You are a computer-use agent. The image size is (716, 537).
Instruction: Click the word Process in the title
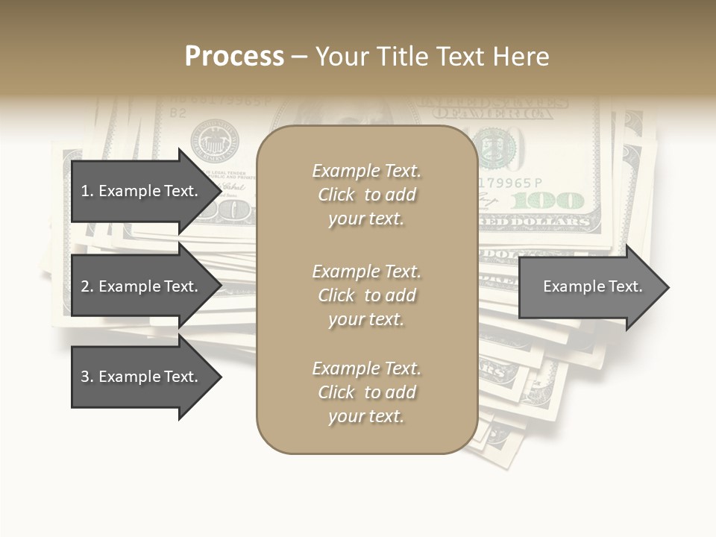point(234,57)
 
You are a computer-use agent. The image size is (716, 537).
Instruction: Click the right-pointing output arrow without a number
point(589,287)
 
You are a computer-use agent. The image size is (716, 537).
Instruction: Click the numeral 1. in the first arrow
point(87,191)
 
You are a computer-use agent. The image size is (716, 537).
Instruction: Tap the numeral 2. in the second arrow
point(87,286)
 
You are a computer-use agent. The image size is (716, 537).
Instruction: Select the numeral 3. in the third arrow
point(87,377)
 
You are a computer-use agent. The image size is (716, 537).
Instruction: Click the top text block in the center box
point(366,195)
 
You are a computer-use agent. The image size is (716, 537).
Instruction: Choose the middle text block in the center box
point(366,295)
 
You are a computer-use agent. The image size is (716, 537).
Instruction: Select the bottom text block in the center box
point(366,392)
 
